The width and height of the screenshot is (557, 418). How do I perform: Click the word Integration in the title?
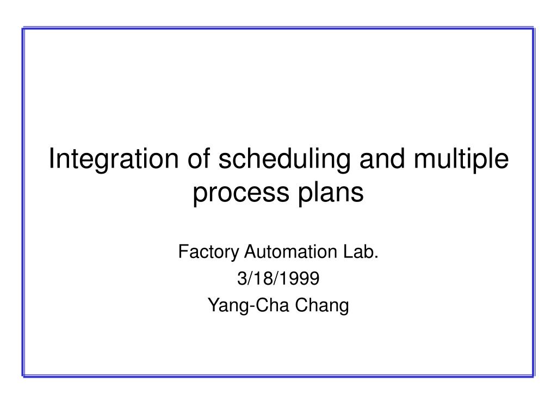pos(114,159)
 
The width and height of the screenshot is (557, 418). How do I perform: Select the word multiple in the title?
pos(461,159)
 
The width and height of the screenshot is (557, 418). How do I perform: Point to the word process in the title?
pos(241,193)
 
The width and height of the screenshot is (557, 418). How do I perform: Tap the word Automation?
pos(290,251)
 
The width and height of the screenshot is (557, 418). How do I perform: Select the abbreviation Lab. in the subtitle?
pos(361,251)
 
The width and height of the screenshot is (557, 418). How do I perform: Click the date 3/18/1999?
pos(278,278)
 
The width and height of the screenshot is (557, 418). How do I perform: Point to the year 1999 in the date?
pos(301,278)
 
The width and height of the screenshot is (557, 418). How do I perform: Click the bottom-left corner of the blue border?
pos(23,376)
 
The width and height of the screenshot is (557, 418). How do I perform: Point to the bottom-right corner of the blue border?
pos(534,376)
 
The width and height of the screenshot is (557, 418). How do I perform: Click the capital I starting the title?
pos(52,158)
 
